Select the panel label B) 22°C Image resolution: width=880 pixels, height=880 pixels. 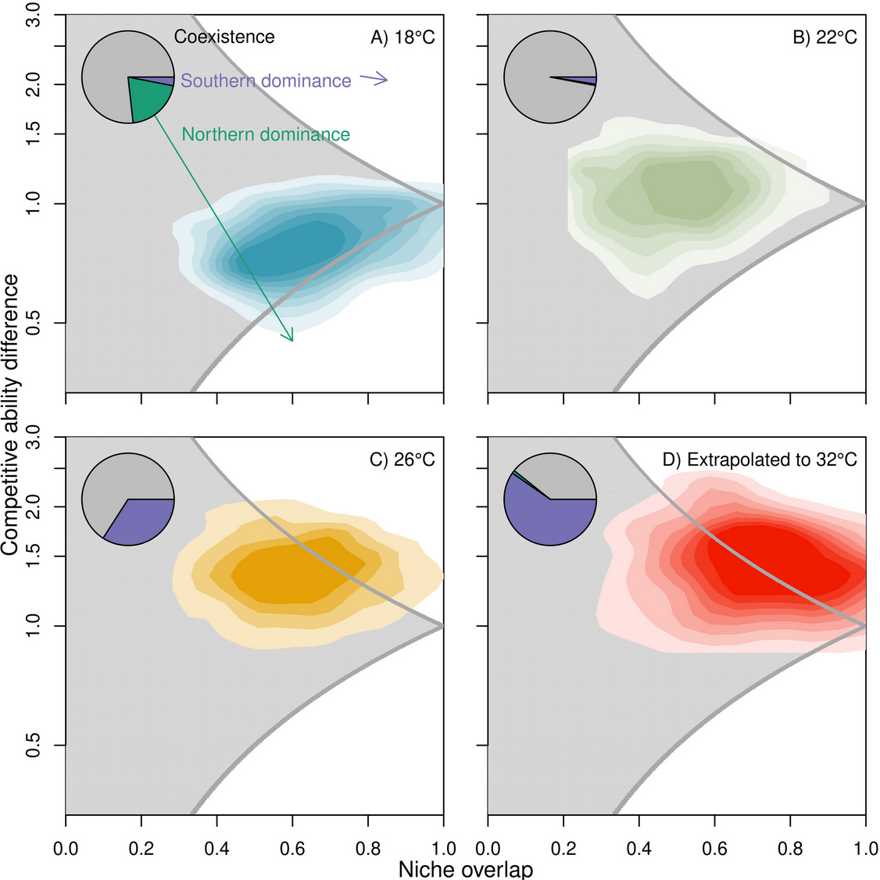click(x=825, y=37)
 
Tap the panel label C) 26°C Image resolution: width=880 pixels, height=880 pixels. click(x=402, y=460)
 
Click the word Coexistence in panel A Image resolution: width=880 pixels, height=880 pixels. click(x=224, y=37)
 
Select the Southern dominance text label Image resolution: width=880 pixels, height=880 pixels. click(x=266, y=80)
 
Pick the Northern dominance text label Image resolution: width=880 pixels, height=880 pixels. click(x=266, y=134)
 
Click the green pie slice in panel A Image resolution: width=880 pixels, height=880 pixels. click(x=150, y=100)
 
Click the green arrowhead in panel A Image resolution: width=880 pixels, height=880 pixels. click(x=290, y=336)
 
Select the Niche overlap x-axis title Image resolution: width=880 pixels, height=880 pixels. click(x=465, y=869)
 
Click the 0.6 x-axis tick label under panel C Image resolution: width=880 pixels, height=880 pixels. click(x=292, y=847)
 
